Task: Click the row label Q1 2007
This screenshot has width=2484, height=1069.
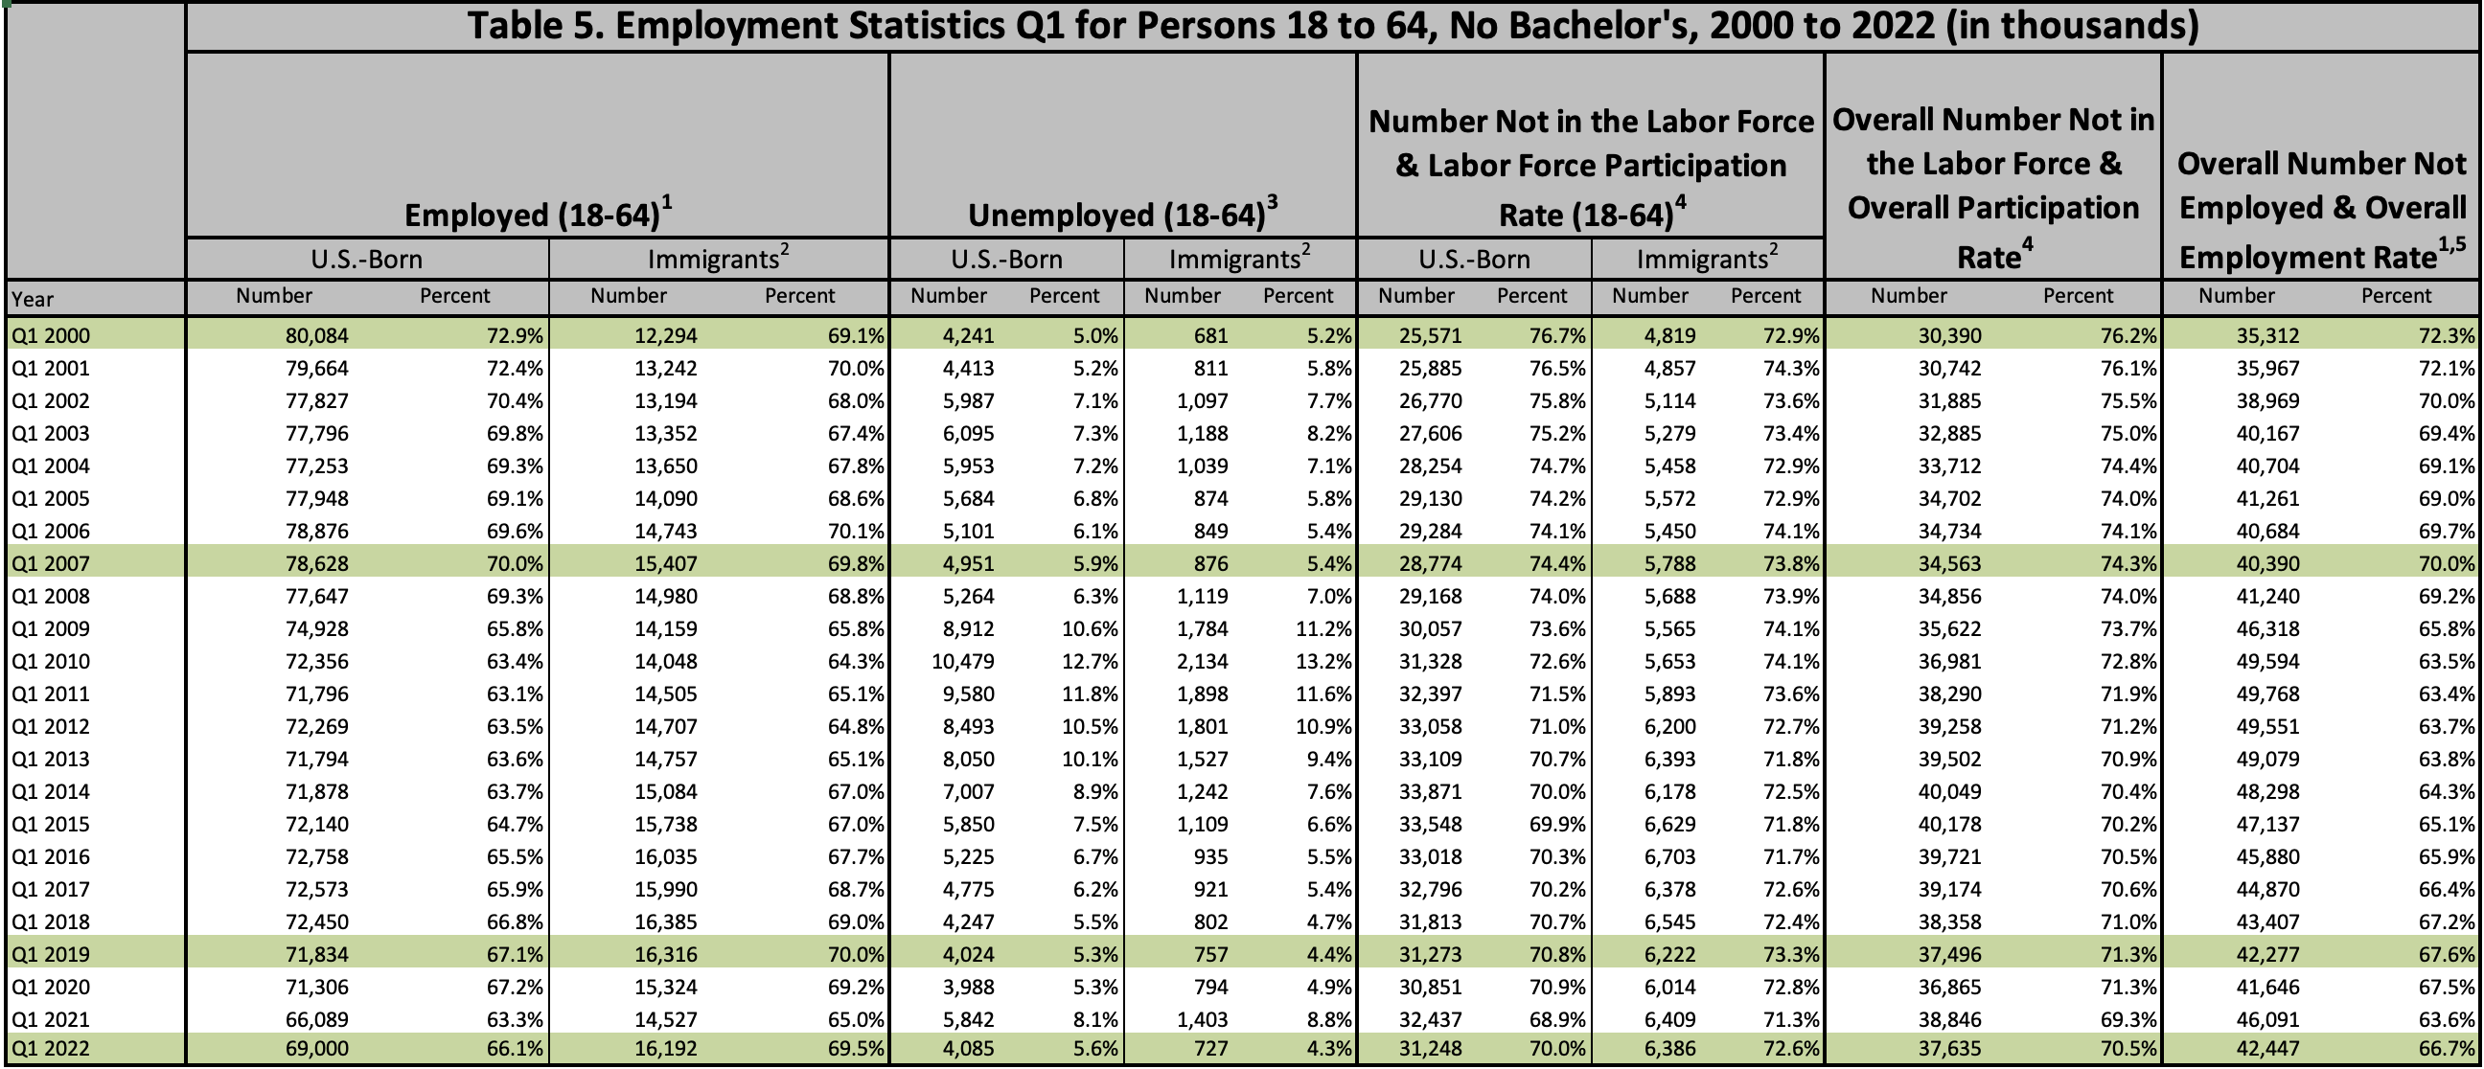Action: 50,564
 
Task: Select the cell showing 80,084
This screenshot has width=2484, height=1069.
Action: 316,336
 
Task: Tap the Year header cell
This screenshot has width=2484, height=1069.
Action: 33,300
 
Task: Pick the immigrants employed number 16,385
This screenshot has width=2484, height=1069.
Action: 665,922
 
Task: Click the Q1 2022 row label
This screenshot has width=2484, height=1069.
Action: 50,1049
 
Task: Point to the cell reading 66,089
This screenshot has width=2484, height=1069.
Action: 316,1020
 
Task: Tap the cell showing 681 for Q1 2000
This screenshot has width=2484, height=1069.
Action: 1210,336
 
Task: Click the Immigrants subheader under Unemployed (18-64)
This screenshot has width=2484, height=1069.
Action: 1238,260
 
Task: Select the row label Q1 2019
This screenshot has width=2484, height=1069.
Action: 50,955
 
